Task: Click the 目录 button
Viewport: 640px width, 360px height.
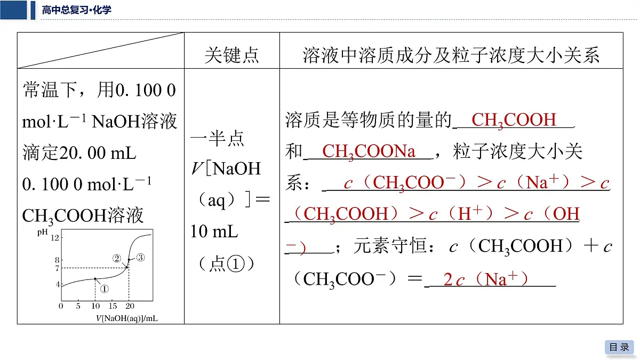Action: [x=619, y=347]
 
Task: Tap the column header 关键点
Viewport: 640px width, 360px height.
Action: [x=231, y=55]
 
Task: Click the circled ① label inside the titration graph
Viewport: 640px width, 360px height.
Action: [x=105, y=289]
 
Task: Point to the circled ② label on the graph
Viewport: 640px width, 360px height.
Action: [x=117, y=258]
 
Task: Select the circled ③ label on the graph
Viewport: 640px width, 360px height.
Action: [x=140, y=258]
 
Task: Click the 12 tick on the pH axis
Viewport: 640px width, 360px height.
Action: [x=54, y=238]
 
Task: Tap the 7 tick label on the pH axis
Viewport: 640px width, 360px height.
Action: [x=57, y=268]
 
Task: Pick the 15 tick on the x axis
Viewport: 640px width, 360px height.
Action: [x=113, y=306]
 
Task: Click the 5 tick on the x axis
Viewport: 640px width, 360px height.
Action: [x=78, y=306]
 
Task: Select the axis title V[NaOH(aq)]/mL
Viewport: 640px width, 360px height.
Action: [x=126, y=318]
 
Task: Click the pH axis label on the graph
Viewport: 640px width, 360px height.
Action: [x=42, y=233]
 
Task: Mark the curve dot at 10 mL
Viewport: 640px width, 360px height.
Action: [x=95, y=278]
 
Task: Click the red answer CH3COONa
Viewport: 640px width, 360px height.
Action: [x=369, y=151]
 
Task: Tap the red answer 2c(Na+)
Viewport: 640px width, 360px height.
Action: [x=485, y=279]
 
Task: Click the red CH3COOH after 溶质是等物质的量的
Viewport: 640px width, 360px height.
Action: [x=514, y=120]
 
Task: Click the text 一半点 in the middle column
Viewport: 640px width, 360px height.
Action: [x=218, y=138]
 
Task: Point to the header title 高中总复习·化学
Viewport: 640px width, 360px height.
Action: [x=77, y=10]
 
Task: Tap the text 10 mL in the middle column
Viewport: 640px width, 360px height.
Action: [x=214, y=231]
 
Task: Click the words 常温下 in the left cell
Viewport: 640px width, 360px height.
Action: [x=50, y=90]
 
